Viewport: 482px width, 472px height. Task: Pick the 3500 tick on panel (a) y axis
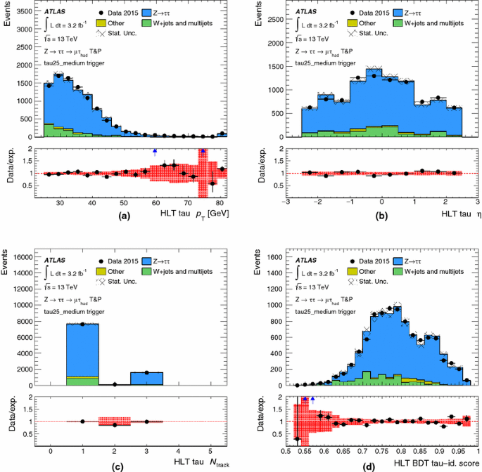click(x=30, y=12)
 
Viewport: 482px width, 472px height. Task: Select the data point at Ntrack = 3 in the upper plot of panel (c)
click(x=146, y=372)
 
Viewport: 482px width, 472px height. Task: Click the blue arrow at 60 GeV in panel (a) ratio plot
click(x=155, y=151)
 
